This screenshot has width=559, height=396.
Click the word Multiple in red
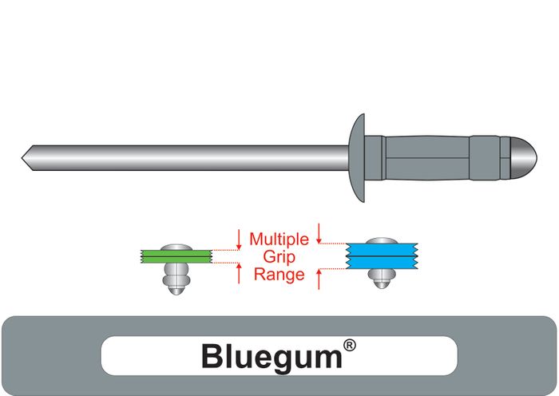coord(278,239)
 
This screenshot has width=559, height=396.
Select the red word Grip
coord(278,256)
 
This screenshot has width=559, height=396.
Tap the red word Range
coord(278,275)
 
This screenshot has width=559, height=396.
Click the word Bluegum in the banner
coord(271,355)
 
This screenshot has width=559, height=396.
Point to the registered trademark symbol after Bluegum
coord(349,346)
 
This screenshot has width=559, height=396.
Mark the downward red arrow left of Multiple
coord(239,239)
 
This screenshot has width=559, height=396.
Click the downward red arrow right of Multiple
coord(319,233)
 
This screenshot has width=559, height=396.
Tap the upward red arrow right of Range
coord(319,279)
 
